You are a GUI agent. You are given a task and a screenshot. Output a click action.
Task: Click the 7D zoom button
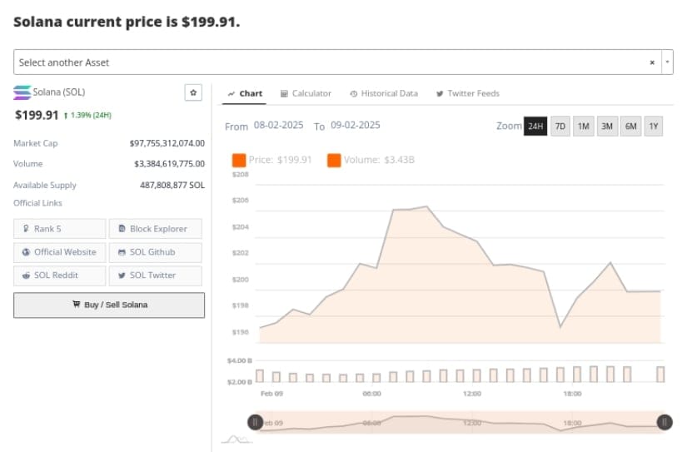tap(560, 127)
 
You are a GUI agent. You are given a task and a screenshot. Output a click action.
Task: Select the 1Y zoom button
tap(654, 127)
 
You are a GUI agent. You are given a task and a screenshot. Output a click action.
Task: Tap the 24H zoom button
tap(535, 127)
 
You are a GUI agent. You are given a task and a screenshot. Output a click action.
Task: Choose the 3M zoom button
tap(607, 127)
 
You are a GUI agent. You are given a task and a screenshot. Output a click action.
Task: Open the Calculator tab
tap(306, 93)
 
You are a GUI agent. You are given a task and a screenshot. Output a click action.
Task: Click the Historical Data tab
tap(384, 93)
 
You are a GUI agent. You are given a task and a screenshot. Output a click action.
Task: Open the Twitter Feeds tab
tap(467, 93)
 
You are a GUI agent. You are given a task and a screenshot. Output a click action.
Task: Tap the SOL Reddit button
tap(60, 276)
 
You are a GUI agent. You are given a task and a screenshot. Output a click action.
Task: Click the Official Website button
tap(60, 252)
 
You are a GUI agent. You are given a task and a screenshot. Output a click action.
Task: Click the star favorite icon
tap(193, 92)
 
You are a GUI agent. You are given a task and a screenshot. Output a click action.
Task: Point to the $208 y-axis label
tap(241, 174)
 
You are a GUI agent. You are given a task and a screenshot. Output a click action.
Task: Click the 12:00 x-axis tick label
tap(472, 393)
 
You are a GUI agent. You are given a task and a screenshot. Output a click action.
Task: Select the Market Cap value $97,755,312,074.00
tap(167, 143)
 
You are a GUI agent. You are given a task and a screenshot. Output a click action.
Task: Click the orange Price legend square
tap(239, 160)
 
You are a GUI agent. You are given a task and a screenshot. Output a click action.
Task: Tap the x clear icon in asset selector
tap(652, 62)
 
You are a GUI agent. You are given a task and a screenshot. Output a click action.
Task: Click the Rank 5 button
tap(60, 229)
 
